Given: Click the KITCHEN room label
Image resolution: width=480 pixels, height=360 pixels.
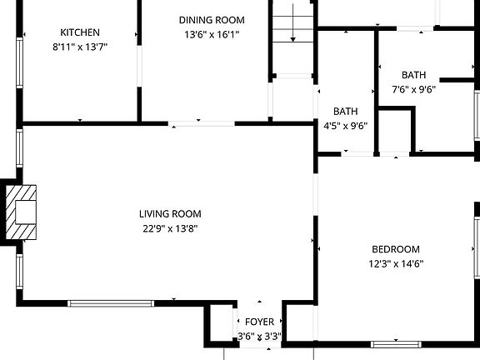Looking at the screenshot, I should point(80,32).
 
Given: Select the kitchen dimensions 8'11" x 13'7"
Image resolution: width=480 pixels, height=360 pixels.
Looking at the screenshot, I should point(80,47).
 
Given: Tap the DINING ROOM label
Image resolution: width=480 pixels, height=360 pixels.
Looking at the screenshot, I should point(212,20).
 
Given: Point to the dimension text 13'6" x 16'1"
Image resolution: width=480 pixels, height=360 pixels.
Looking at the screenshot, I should point(212,35).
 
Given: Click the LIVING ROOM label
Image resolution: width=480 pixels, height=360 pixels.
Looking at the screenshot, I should point(170,214).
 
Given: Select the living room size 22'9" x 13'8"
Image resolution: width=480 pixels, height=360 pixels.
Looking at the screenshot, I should point(170,228).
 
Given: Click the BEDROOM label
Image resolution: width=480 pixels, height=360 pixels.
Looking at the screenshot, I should point(395,249).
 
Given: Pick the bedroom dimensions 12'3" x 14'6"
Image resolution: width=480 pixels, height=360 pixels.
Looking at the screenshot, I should point(395,264).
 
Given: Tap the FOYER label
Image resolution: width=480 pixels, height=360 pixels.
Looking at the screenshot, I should point(259,322).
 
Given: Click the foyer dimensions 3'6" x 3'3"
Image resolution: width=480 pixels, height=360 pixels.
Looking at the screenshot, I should point(259,337).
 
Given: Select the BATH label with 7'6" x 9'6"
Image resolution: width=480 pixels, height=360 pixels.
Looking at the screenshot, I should point(413,75).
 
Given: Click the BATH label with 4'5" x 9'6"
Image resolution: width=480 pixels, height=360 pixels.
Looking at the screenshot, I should point(345,112).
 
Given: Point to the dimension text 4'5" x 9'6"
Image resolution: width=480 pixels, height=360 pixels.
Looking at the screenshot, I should point(345,126).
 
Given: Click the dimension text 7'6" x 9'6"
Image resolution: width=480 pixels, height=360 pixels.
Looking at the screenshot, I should point(413,89).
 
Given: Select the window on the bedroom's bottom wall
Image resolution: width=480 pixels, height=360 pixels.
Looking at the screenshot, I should point(395,343).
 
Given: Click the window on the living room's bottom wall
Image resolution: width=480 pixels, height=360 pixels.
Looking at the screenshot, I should point(111,302).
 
